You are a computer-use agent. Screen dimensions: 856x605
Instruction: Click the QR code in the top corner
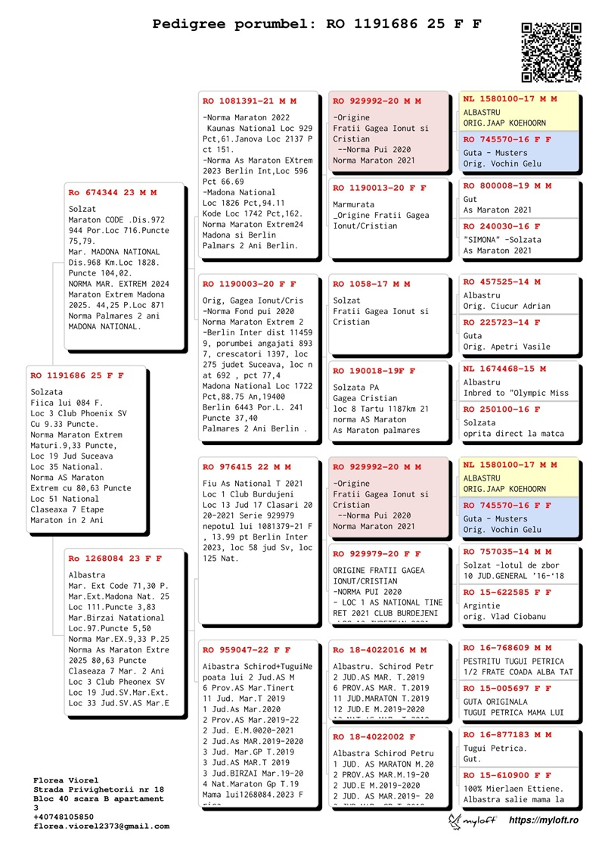click(551, 51)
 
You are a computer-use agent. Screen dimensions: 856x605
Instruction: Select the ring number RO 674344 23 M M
click(113, 193)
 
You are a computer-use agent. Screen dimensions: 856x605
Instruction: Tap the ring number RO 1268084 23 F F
click(115, 559)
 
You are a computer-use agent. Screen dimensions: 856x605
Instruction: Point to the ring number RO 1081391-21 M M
click(250, 101)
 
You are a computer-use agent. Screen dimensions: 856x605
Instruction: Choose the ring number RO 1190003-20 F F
click(250, 284)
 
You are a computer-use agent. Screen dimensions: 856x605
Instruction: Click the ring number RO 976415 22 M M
click(247, 467)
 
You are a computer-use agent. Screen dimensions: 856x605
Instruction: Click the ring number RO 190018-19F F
click(374, 371)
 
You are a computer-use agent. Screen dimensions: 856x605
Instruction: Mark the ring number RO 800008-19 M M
click(507, 185)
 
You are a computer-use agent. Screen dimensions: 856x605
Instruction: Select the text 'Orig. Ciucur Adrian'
click(507, 307)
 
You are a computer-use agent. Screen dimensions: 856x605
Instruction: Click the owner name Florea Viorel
click(67, 780)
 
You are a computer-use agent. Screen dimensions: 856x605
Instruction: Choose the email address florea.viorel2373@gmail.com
click(101, 826)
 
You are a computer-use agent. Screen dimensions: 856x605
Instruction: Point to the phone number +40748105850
click(64, 817)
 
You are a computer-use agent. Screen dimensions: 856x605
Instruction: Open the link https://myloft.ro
click(544, 820)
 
